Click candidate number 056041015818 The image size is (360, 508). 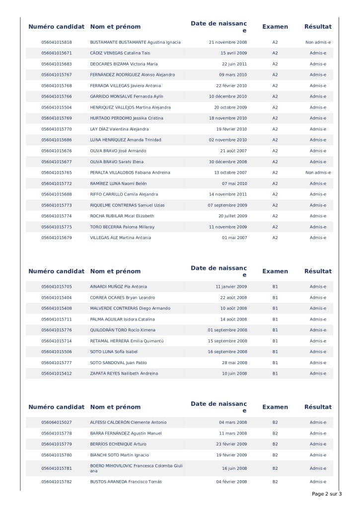pyautogui.click(x=57, y=42)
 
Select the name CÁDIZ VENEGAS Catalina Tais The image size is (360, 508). pyautogui.click(x=120, y=53)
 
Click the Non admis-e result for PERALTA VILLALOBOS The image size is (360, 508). pyautogui.click(x=318, y=173)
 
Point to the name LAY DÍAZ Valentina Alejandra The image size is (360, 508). pyautogui.click(x=119, y=129)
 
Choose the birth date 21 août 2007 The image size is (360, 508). pyautogui.click(x=233, y=151)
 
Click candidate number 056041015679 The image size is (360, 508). pyautogui.click(x=57, y=238)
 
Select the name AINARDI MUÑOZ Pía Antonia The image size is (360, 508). pyautogui.click(x=118, y=287)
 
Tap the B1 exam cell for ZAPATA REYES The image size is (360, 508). pyautogui.click(x=275, y=374)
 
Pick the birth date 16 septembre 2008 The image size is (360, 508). pyautogui.click(x=227, y=352)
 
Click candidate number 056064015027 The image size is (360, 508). pyautogui.click(x=57, y=423)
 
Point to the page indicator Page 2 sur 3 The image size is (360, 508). pyautogui.click(x=327, y=494)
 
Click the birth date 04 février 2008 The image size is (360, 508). pyautogui.click(x=231, y=482)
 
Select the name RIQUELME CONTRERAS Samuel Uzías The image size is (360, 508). pyautogui.click(x=127, y=205)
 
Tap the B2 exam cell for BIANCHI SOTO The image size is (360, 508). pyautogui.click(x=275, y=455)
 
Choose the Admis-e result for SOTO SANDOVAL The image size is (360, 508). pyautogui.click(x=318, y=363)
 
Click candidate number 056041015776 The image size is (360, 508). pyautogui.click(x=57, y=330)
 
